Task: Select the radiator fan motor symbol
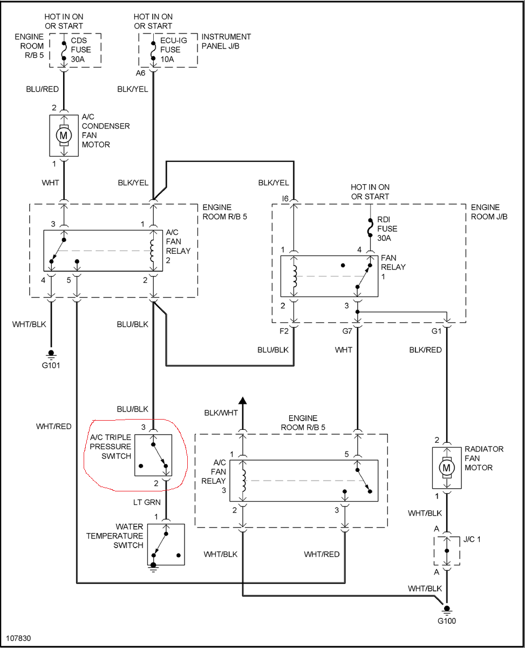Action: pos(446,468)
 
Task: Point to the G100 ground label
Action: pos(446,620)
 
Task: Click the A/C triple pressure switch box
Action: pos(153,455)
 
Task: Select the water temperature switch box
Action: pos(166,544)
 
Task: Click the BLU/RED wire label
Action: pos(42,90)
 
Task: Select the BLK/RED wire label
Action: pos(425,350)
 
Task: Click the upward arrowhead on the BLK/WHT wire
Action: pos(243,401)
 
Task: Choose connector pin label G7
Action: pos(347,331)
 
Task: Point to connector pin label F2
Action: pos(284,331)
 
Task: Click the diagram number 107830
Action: pos(19,638)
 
